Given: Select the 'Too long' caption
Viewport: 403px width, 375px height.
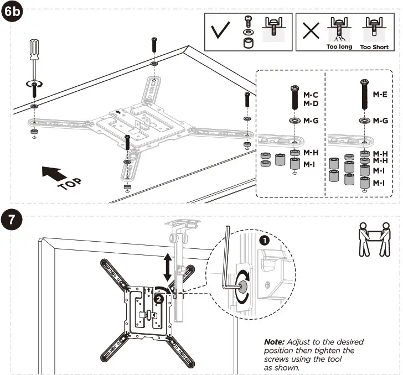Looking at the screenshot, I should (339, 47).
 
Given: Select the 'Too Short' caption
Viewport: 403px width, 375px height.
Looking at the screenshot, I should (374, 47).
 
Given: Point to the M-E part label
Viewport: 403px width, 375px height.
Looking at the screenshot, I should (379, 95).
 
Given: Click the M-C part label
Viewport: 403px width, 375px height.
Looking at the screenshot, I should (311, 95).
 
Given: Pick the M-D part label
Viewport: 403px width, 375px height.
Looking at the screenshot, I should (311, 103).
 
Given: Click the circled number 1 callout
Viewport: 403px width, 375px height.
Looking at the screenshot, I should (263, 241).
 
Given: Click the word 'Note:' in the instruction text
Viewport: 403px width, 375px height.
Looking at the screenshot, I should (275, 342).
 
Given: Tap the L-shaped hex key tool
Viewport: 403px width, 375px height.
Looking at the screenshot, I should (228, 260).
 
